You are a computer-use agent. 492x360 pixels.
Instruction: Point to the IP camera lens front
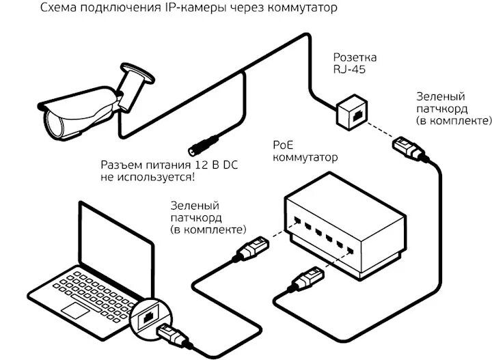coord(55,122)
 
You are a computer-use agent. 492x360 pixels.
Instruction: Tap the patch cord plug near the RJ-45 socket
coord(408,148)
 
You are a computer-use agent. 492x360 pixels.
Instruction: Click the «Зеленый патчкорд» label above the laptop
coord(208,217)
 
